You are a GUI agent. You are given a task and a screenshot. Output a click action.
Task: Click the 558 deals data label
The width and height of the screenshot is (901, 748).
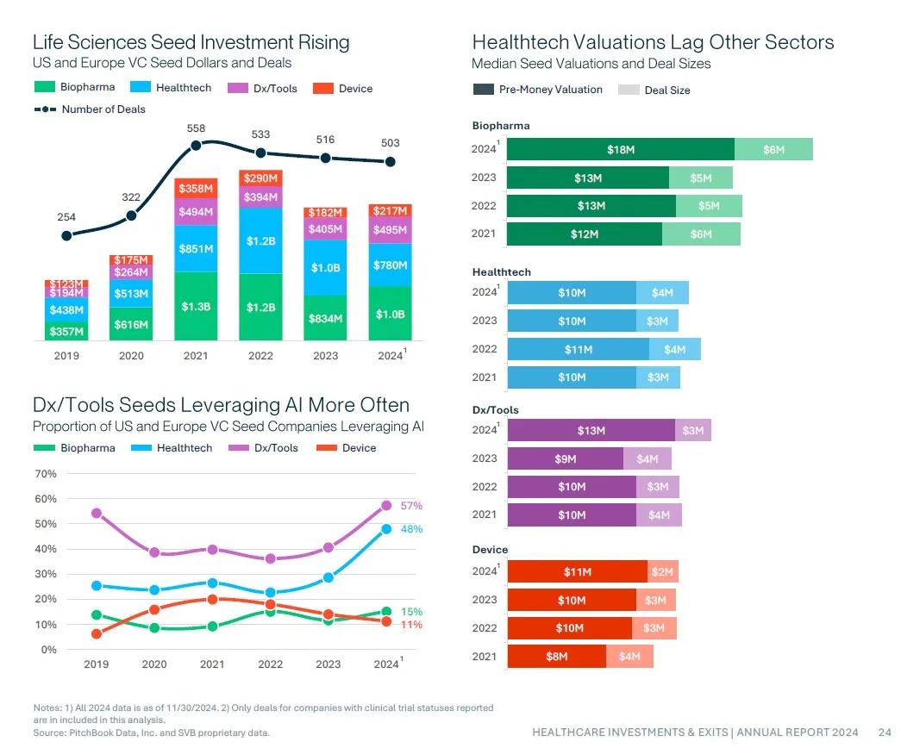(196, 128)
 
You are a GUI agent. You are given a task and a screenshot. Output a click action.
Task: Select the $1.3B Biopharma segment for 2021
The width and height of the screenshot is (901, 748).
(196, 306)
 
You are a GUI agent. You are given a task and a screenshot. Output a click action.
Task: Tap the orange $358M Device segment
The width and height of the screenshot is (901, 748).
(196, 188)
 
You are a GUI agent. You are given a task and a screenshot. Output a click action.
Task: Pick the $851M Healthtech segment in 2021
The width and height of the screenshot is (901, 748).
(196, 248)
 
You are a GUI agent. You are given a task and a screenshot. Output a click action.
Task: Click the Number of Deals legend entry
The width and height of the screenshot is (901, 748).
(90, 109)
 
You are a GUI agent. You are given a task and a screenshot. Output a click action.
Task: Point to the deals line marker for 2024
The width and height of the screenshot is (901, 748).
(391, 161)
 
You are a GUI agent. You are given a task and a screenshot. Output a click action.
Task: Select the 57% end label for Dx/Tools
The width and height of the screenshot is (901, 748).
(411, 506)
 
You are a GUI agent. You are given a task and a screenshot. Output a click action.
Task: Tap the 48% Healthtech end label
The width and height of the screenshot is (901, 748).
(411, 529)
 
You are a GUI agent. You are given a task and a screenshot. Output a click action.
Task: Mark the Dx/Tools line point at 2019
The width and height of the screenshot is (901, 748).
(97, 514)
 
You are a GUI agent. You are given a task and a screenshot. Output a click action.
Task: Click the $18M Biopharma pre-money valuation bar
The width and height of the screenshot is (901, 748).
(621, 149)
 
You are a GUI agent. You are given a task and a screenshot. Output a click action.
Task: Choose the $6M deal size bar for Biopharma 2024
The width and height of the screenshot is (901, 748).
(773, 149)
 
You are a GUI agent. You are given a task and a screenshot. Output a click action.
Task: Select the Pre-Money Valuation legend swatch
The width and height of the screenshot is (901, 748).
(483, 90)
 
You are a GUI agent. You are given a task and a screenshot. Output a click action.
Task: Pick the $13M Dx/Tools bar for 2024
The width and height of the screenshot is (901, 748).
(591, 431)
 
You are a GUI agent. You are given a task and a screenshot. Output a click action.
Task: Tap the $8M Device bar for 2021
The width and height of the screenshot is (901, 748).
(557, 657)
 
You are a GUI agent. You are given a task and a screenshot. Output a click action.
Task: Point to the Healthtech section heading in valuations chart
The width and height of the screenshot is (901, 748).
(502, 272)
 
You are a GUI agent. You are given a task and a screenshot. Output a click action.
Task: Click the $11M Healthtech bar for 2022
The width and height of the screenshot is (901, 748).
(578, 349)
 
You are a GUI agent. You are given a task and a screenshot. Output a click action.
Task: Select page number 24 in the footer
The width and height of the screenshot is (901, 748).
(885, 732)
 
